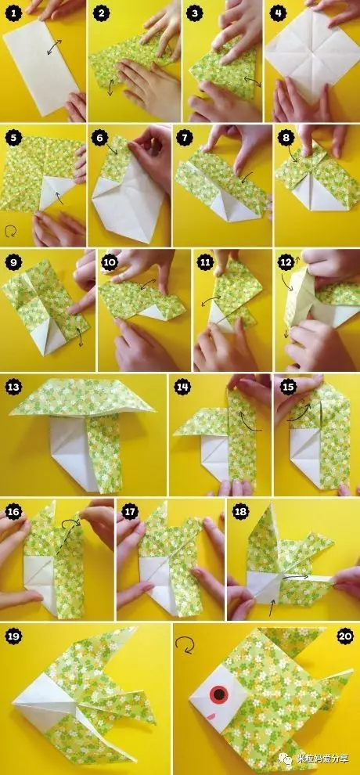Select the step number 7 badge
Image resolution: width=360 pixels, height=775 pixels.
coord(185,139)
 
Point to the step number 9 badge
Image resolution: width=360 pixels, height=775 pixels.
coord(12,263)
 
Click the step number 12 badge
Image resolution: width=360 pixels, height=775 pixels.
coord(286,263)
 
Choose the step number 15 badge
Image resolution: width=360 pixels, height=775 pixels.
coord(288,387)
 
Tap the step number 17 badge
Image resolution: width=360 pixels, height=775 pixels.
coord(130,511)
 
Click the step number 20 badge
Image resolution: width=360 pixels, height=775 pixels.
coord(345,636)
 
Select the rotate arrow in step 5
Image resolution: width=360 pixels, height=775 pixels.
coord(10,231)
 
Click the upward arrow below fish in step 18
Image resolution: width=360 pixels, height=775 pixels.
coord(271,608)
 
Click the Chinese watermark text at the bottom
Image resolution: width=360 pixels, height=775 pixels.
coord(324,759)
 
